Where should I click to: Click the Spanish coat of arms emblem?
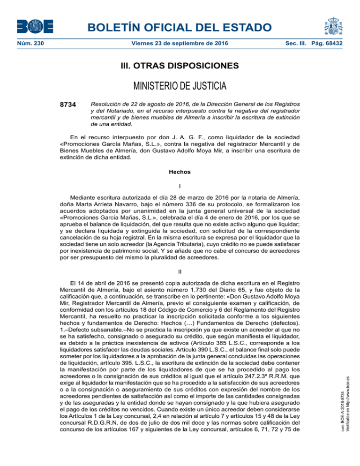click(330, 23)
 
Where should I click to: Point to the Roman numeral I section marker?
click(180, 186)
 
